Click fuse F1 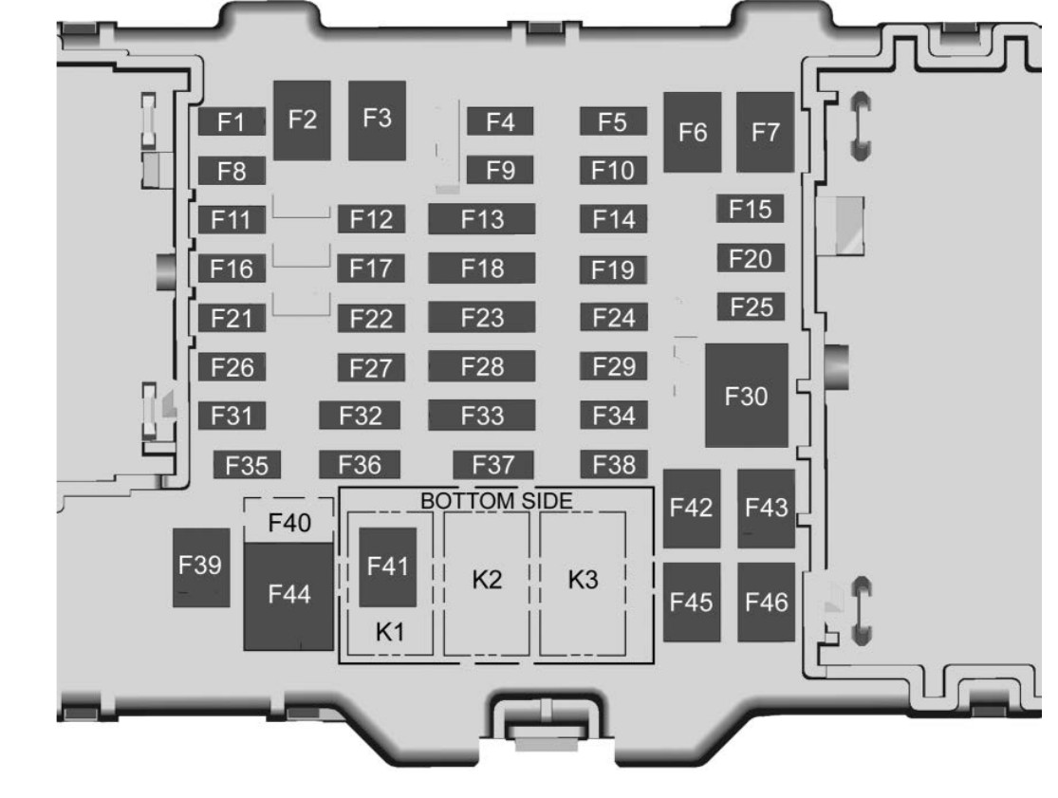(232, 121)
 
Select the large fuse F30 (746, 396)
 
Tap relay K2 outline (487, 584)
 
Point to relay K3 (583, 584)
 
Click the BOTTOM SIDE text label (496, 500)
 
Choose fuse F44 (288, 596)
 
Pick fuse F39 (201, 567)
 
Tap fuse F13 (482, 219)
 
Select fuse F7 (765, 132)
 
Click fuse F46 (766, 602)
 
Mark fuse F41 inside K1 (387, 567)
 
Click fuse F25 (751, 306)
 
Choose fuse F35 (247, 465)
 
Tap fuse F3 (378, 121)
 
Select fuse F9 (500, 170)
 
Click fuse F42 (692, 508)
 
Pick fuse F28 (482, 366)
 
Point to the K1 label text (390, 632)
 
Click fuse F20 (751, 258)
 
